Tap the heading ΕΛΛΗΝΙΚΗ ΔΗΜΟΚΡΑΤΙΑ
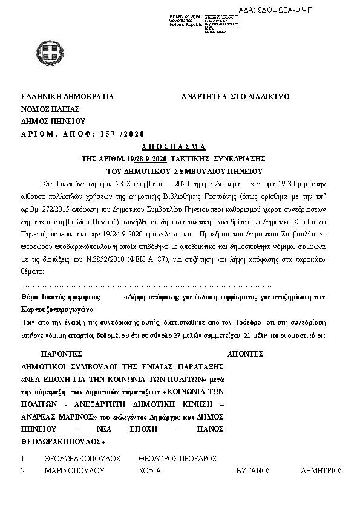tap(67, 97)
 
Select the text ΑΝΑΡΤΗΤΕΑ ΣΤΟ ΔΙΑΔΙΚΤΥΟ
tap(236, 97)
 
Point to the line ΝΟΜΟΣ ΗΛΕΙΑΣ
tap(50, 109)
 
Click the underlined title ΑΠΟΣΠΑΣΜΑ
tap(174, 147)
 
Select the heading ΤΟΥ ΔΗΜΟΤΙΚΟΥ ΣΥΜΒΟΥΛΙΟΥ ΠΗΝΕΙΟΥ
tap(174, 169)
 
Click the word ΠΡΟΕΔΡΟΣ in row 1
tap(198, 459)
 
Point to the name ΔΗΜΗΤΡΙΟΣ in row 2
tap(322, 470)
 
